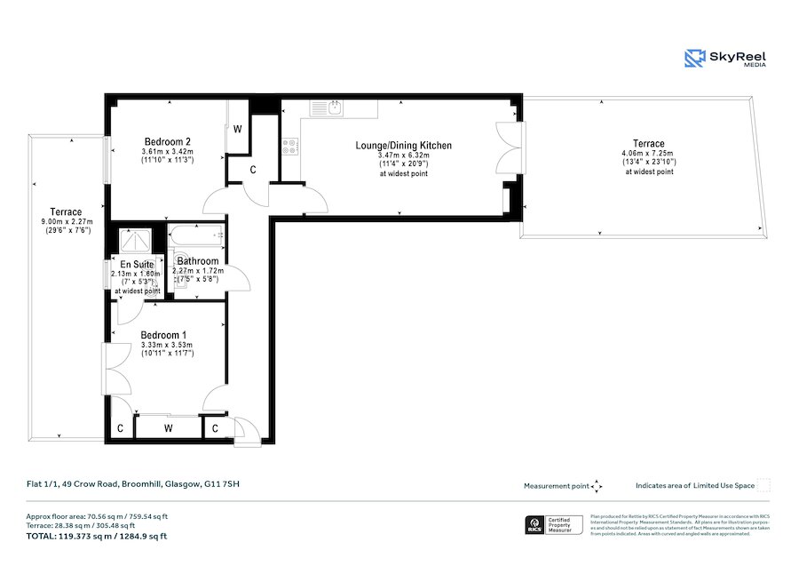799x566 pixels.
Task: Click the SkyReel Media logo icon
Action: tap(695, 59)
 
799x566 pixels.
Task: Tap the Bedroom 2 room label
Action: tap(168, 142)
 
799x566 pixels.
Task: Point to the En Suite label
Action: tap(137, 265)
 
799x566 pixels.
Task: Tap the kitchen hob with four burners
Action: tap(290, 148)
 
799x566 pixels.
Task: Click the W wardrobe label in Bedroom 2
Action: tap(237, 129)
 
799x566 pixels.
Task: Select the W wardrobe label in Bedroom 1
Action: tap(169, 428)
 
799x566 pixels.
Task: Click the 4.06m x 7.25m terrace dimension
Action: tap(648, 153)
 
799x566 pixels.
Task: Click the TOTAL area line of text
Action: tap(97, 536)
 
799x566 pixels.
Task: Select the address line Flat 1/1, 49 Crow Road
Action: tap(132, 484)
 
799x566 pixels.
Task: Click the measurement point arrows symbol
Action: tap(597, 486)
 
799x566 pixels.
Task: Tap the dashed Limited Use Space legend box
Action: tap(763, 485)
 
